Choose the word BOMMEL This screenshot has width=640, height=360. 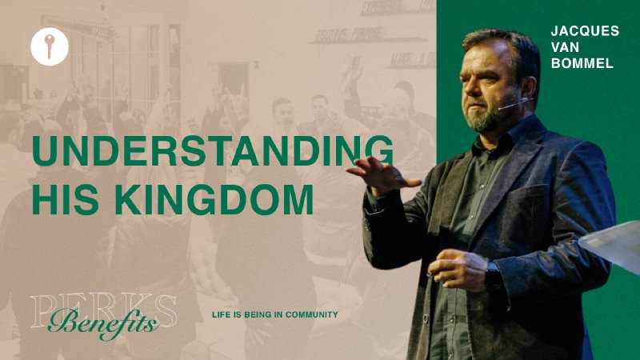click(582, 63)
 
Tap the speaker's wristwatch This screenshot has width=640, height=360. click(493, 277)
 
